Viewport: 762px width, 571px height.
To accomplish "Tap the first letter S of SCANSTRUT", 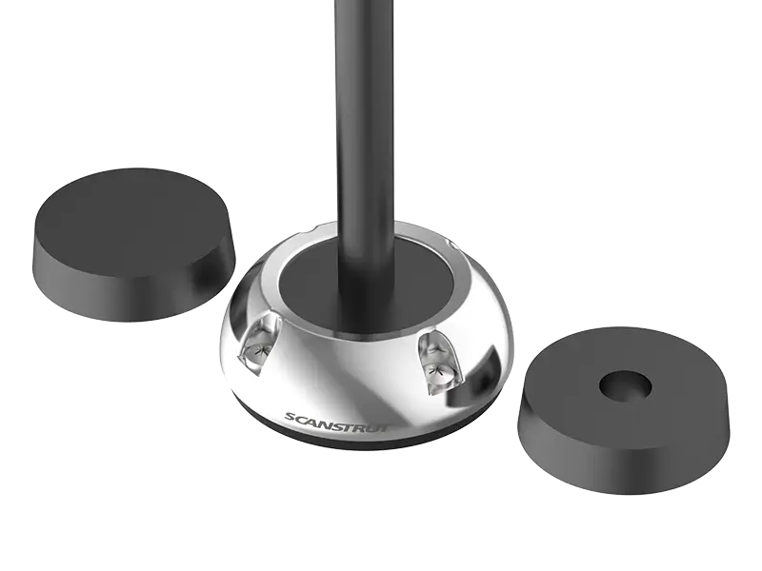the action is tap(291, 418).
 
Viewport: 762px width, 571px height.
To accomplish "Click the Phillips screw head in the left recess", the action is tap(257, 351).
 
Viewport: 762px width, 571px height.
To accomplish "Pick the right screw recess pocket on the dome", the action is tap(436, 363).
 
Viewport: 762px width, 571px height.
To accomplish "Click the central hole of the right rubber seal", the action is tap(626, 385).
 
